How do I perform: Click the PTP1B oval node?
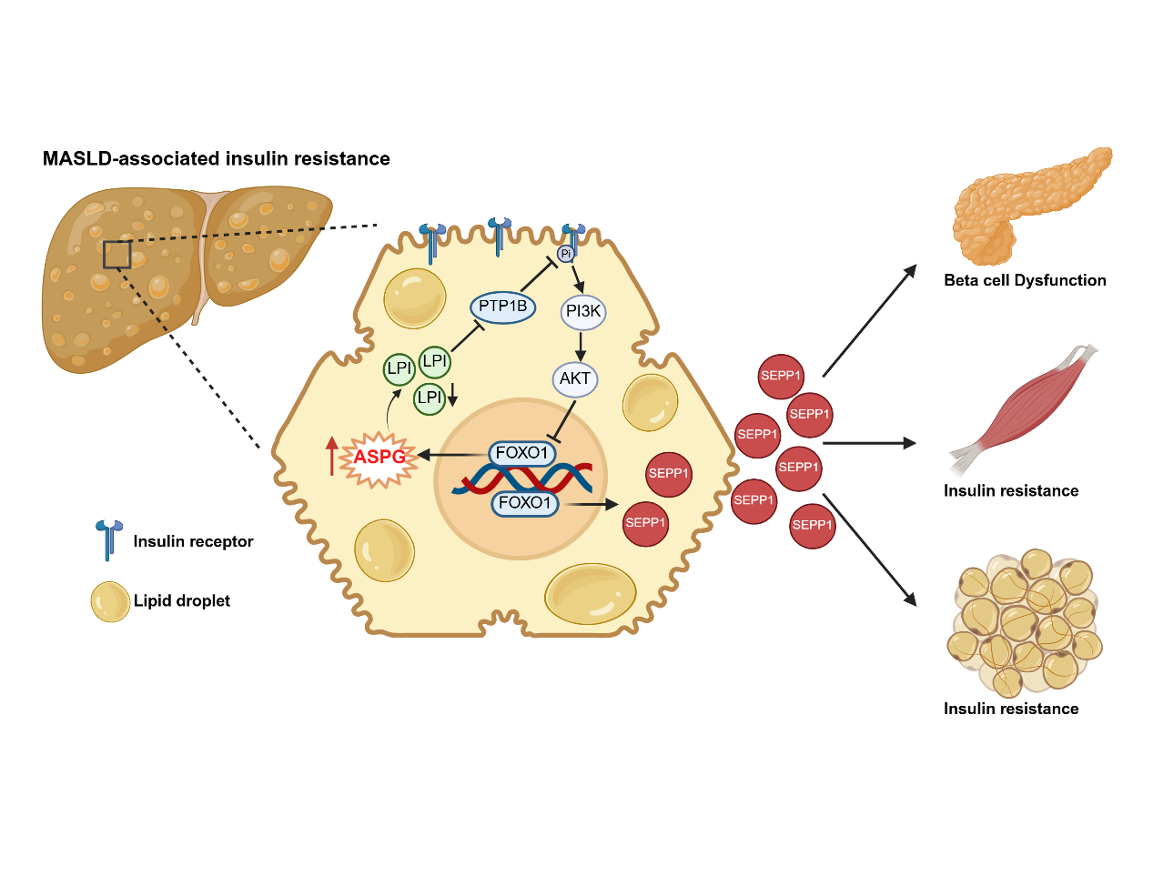[503, 307]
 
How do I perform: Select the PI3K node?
[582, 312]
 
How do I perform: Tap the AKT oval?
[575, 379]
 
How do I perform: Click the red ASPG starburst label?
[379, 457]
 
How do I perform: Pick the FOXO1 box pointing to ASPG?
[521, 453]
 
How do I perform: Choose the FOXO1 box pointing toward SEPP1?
[524, 503]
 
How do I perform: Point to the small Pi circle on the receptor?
[566, 254]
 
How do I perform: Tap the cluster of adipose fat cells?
[1025, 623]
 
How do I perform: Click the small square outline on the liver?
[116, 255]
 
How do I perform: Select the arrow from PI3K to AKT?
[581, 347]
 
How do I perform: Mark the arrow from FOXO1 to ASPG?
[451, 454]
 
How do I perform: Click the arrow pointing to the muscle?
[869, 443]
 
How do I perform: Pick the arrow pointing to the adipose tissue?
[869, 549]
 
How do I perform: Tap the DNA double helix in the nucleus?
[522, 478]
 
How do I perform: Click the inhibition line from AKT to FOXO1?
[564, 419]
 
